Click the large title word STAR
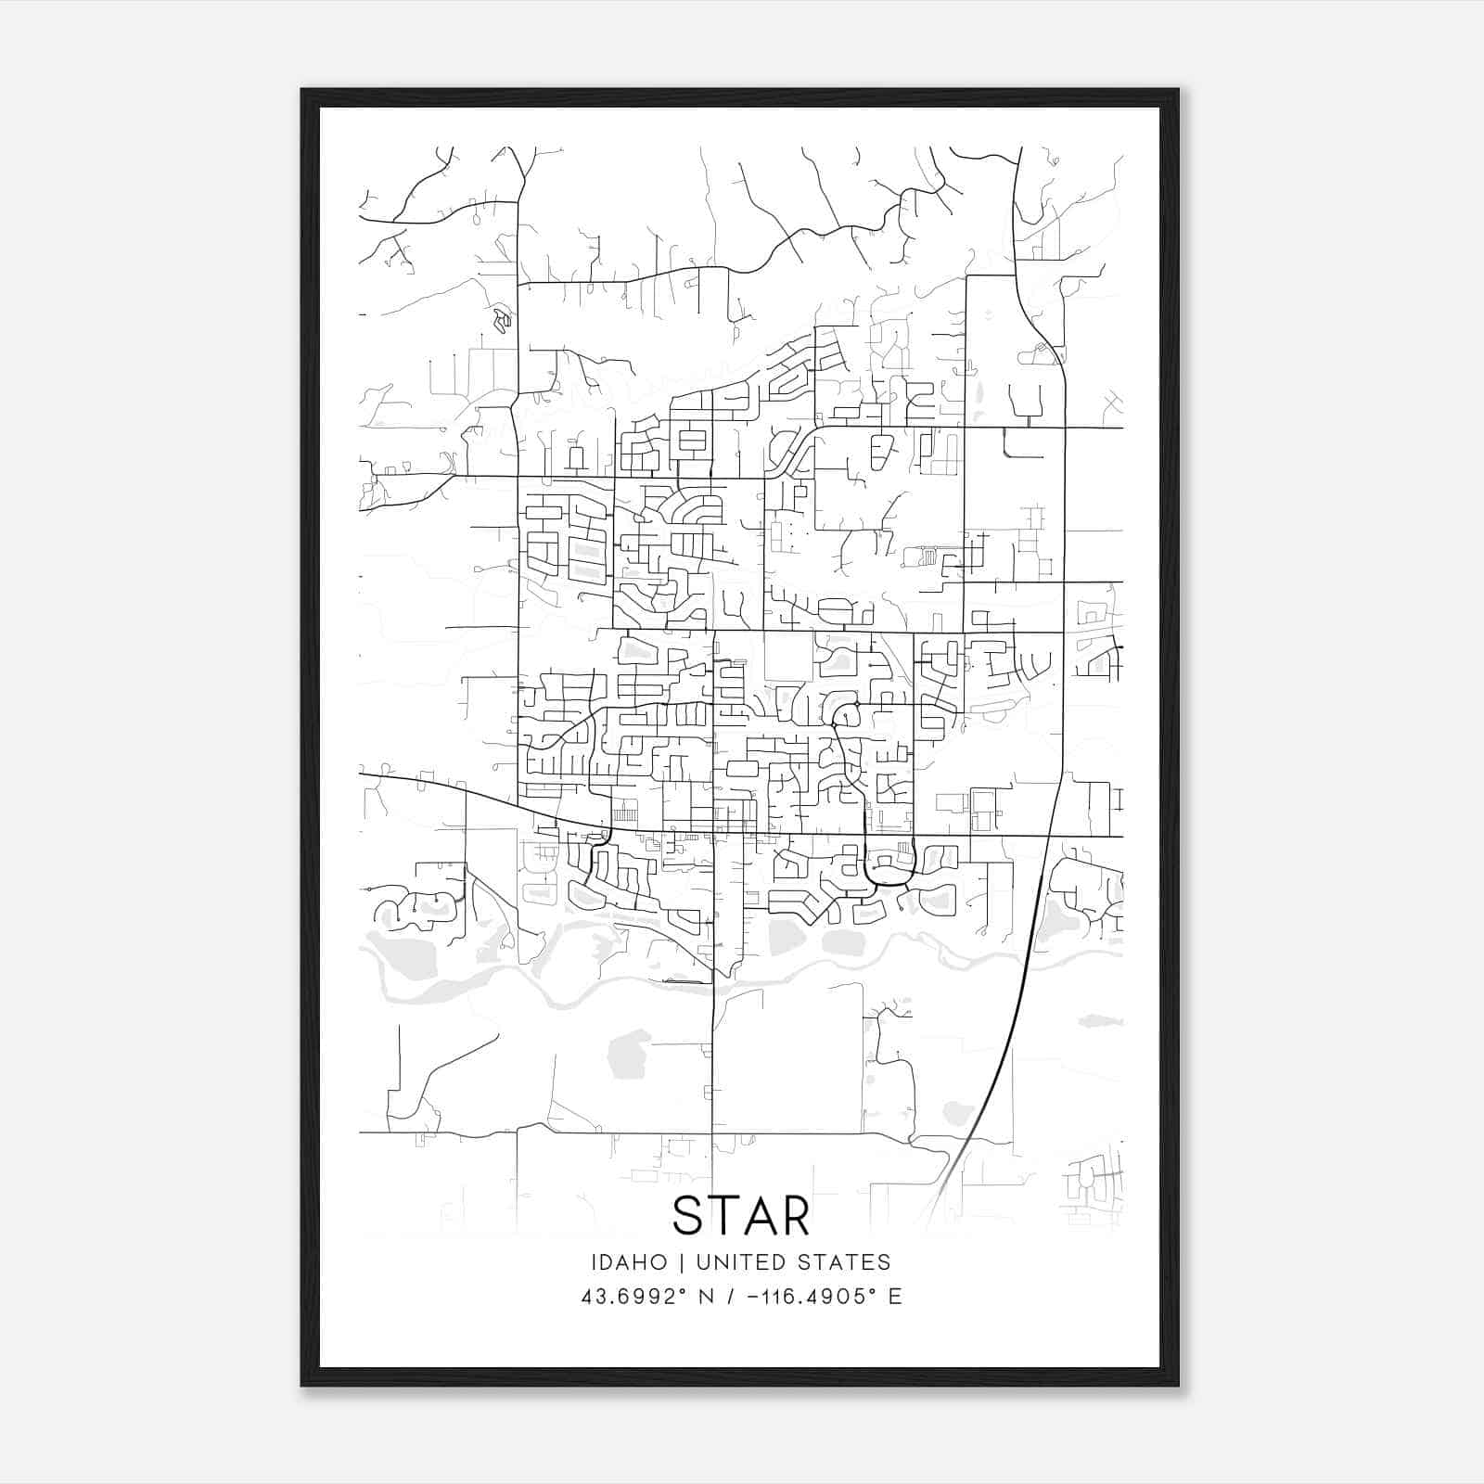pos(741,1216)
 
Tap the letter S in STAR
pos(689,1216)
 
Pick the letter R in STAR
pos(796,1216)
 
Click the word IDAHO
pos(629,1262)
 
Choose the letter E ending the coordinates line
pos(895,1297)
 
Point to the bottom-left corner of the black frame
pos(302,1385)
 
